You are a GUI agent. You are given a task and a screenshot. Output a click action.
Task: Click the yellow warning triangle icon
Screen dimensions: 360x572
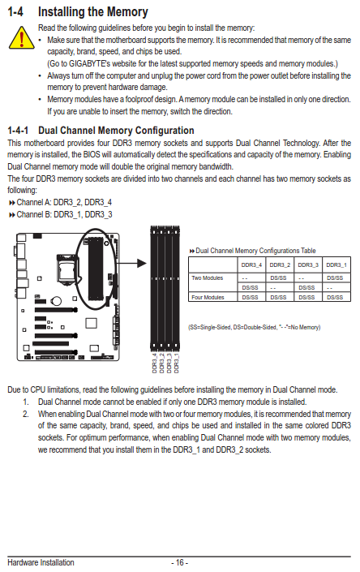click(x=22, y=38)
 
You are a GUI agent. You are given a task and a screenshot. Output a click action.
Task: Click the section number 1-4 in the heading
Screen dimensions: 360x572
click(x=15, y=11)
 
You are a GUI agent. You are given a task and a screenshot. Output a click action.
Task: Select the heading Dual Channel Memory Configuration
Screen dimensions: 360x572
click(x=116, y=131)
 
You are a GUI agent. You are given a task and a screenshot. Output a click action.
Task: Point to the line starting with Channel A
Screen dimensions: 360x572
click(x=61, y=202)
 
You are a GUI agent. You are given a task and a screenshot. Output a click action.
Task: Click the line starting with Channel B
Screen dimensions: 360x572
click(x=61, y=214)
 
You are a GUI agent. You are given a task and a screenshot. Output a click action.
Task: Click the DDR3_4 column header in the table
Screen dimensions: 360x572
click(x=251, y=264)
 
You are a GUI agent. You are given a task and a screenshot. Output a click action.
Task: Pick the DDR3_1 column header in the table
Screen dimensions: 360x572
click(x=336, y=264)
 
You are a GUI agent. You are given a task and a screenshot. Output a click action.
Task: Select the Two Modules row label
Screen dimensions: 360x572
click(x=208, y=278)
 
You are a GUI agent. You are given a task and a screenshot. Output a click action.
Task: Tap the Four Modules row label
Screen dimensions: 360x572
click(x=208, y=297)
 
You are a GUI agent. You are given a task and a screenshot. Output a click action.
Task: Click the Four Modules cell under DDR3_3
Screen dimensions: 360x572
click(x=306, y=297)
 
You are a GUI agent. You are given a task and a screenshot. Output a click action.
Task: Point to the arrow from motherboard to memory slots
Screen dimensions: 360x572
click(x=131, y=263)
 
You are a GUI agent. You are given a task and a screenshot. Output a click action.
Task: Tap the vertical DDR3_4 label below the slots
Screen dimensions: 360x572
click(x=155, y=363)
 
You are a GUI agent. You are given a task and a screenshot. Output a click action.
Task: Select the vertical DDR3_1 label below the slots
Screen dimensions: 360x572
click(x=177, y=363)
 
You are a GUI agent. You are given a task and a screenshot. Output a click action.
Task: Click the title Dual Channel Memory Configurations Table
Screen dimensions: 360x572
click(x=252, y=251)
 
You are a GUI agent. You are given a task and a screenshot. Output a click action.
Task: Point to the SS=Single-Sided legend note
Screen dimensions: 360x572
click(x=255, y=327)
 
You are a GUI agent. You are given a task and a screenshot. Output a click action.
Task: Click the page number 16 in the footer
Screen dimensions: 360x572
click(x=180, y=562)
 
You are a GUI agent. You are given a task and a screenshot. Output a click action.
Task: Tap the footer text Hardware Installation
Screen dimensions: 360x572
click(x=41, y=562)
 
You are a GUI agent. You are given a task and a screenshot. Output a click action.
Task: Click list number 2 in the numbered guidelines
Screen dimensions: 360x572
click(x=25, y=414)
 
